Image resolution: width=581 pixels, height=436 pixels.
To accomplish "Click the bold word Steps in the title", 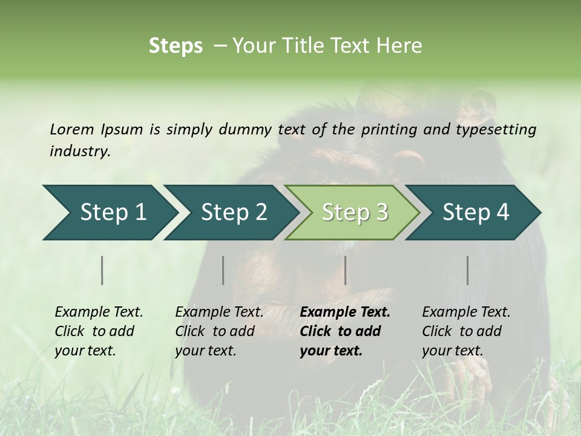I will [176, 46].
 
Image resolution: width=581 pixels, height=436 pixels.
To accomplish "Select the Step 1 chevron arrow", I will [109, 213].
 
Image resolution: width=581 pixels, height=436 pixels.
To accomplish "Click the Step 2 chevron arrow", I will [233, 213].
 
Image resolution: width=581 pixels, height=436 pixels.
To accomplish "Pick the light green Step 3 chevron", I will [354, 213].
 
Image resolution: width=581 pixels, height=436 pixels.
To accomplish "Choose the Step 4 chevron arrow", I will [475, 213].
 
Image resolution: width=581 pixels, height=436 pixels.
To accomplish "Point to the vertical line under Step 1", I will [102, 270].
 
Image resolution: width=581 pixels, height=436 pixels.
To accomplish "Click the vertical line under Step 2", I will [223, 270].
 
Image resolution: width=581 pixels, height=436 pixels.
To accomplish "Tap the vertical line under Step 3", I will [345, 270].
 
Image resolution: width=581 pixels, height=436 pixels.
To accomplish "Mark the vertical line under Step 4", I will [467, 270].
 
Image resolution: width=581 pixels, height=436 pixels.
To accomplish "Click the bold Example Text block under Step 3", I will [344, 331].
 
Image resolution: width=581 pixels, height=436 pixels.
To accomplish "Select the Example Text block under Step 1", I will [99, 331].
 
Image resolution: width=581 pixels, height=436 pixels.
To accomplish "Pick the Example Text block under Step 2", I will [219, 331].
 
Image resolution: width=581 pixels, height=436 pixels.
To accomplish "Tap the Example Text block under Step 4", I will [466, 331].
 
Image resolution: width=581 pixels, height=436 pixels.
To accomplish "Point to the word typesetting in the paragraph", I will [501, 130].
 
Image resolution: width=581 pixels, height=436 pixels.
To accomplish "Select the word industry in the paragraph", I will [79, 151].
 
